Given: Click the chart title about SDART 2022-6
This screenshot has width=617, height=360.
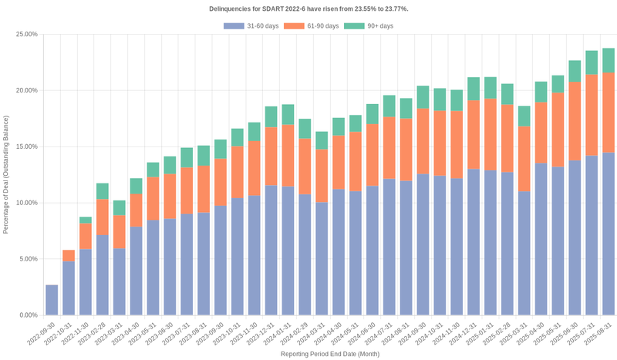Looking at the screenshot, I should click(x=308, y=8).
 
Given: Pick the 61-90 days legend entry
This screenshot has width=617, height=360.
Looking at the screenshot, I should click(x=312, y=26).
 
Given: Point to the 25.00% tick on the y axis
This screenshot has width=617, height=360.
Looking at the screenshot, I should click(x=26, y=35).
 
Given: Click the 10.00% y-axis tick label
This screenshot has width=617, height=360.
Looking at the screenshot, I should click(x=26, y=203).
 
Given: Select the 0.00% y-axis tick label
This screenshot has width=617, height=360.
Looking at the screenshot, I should click(x=28, y=315).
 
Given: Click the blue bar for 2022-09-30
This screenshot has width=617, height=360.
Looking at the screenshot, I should click(x=52, y=300).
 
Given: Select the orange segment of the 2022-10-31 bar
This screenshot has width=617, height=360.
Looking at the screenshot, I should click(x=69, y=256).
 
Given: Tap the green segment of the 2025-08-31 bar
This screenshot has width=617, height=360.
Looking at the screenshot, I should click(x=609, y=60).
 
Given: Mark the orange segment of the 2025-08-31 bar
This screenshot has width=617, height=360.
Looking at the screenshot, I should click(x=609, y=113).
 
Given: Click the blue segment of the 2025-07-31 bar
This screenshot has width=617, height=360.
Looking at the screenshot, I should click(x=592, y=235).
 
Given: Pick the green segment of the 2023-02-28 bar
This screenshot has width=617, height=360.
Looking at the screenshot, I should click(x=103, y=191).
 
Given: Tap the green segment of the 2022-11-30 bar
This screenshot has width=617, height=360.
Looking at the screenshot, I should click(x=86, y=220).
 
